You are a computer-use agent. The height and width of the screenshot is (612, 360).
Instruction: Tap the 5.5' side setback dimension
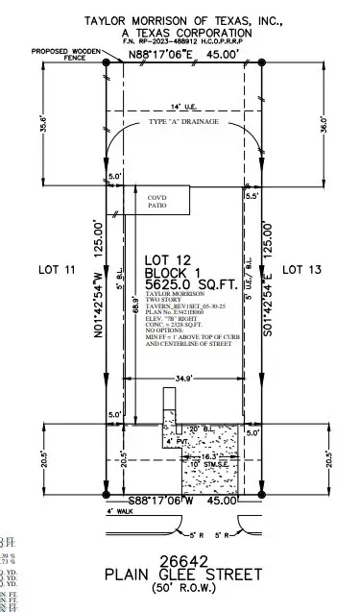click(x=252, y=196)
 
